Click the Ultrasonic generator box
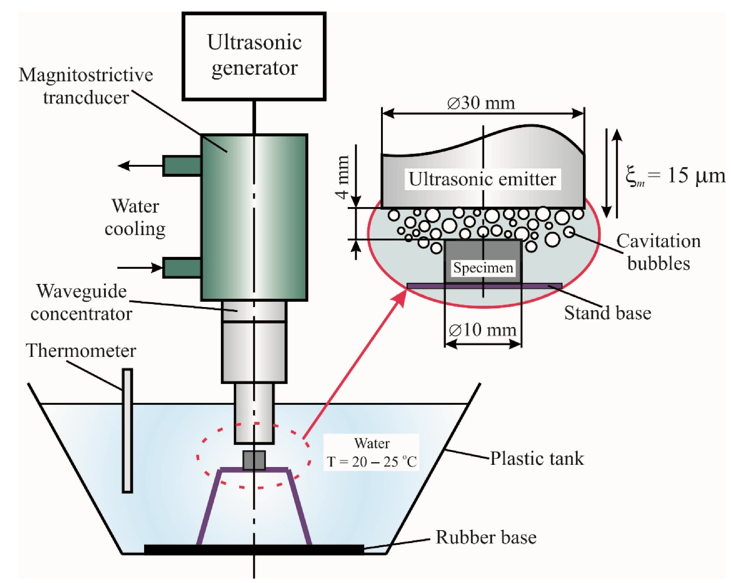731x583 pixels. pyautogui.click(x=254, y=56)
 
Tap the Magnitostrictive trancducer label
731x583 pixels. pyautogui.click(x=86, y=86)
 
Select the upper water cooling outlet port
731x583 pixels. pyautogui.click(x=182, y=166)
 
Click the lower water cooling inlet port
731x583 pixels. pyautogui.click(x=182, y=268)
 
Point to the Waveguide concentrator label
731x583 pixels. pyautogui.click(x=81, y=303)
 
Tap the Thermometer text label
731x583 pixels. pyautogui.click(x=81, y=351)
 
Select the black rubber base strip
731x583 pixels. pyautogui.click(x=254, y=550)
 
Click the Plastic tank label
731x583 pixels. pyautogui.click(x=537, y=459)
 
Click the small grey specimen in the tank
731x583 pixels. pyautogui.click(x=254, y=460)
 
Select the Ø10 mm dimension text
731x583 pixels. pyautogui.click(x=482, y=330)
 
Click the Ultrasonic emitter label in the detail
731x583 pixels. pyautogui.click(x=482, y=179)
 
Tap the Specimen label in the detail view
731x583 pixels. pyautogui.click(x=483, y=268)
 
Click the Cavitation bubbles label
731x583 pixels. pyautogui.click(x=658, y=252)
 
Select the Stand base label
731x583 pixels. pyautogui.click(x=607, y=313)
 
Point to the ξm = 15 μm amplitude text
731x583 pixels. pyautogui.click(x=675, y=176)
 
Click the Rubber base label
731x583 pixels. pyautogui.click(x=486, y=537)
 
